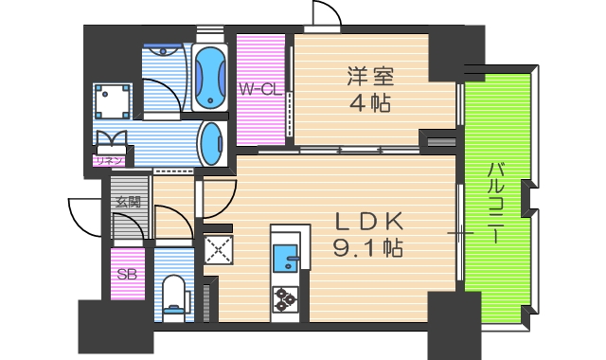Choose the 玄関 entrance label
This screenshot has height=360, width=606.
tap(127, 201)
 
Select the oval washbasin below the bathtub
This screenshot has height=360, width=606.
tap(209, 143)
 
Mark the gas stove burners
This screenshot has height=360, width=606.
tap(285, 298)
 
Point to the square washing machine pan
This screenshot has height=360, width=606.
tap(113, 100)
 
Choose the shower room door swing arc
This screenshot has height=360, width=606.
tap(163, 99)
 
